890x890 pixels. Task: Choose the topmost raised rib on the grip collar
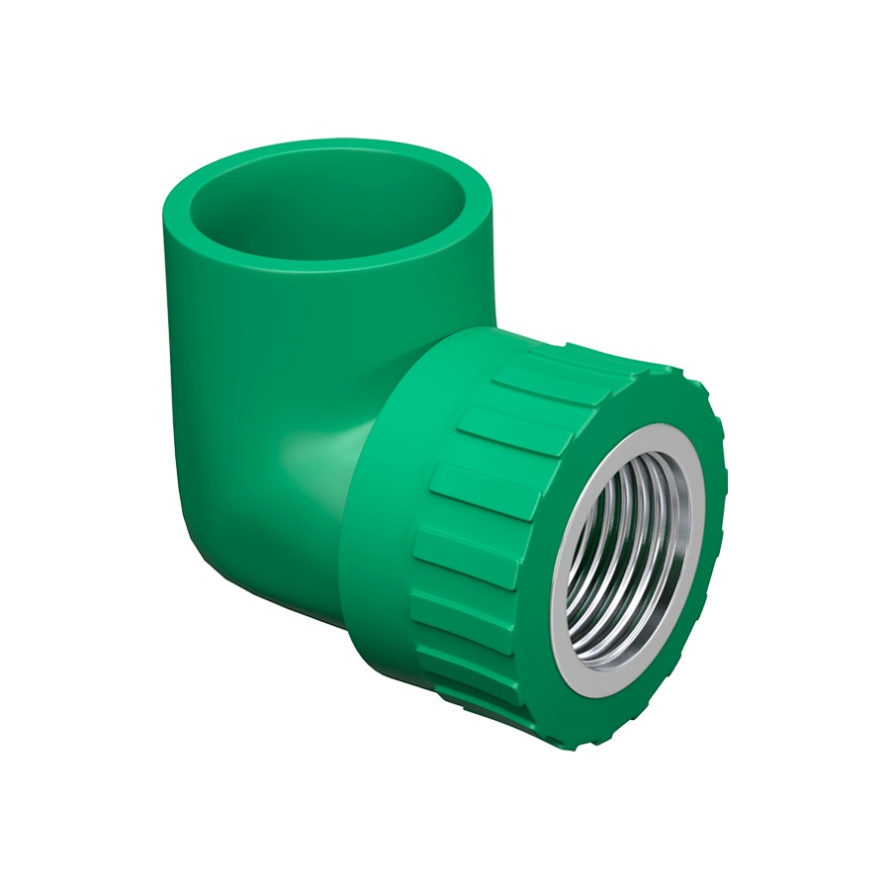tap(554, 356)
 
